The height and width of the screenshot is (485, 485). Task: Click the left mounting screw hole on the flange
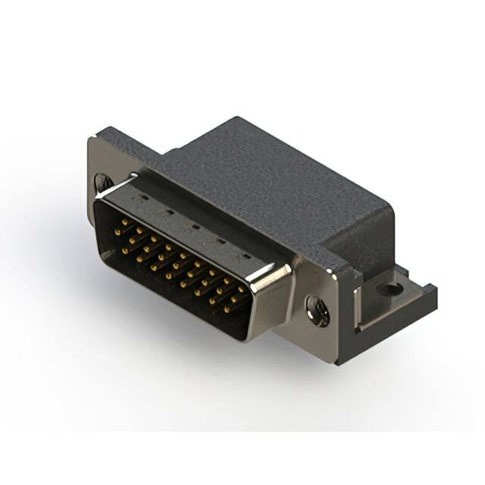pos(102,182)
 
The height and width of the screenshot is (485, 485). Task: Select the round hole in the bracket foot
pos(393,289)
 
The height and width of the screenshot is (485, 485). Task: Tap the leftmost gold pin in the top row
pos(123,222)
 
